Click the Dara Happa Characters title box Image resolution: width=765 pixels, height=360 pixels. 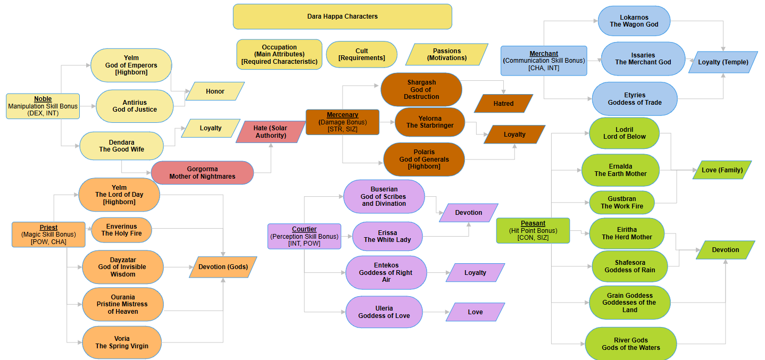(342, 16)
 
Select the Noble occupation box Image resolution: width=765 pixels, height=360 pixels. (43, 106)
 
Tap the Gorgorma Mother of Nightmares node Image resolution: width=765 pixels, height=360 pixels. (202, 173)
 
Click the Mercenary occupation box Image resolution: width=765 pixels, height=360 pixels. (342, 122)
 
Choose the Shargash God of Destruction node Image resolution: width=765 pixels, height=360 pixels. (421, 89)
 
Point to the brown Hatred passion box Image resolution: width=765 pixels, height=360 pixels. (503, 104)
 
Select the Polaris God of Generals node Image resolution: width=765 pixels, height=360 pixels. (423, 159)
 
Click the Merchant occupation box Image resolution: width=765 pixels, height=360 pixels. (543, 61)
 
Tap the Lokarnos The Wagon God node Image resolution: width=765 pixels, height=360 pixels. (634, 21)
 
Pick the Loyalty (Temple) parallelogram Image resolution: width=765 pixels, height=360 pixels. (722, 62)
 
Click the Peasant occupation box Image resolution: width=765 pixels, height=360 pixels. (533, 230)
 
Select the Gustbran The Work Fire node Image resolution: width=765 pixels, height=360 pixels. (621, 203)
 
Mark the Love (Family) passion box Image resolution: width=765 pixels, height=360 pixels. (722, 170)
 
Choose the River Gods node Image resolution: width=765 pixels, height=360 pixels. (630, 344)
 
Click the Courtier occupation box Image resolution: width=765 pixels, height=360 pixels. (304, 236)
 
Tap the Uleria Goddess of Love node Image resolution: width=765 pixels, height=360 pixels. (384, 312)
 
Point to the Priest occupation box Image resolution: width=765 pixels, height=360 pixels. (48, 234)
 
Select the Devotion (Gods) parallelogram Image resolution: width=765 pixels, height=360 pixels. (223, 267)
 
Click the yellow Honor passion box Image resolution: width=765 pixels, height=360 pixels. (215, 91)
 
